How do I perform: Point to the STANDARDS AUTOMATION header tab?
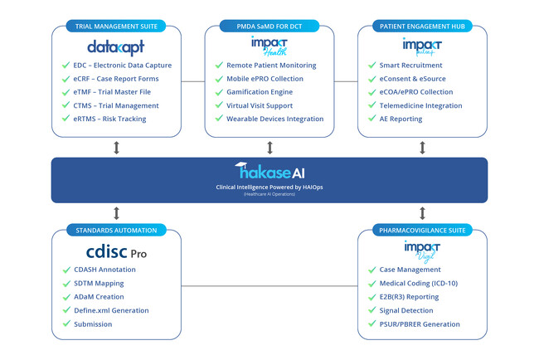pyautogui.click(x=116, y=229)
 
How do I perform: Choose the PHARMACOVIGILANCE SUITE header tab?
pyautogui.click(x=423, y=229)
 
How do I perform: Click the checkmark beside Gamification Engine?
pyautogui.click(x=220, y=92)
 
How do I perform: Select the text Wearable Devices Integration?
pyautogui.click(x=275, y=119)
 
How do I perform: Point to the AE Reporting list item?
pyautogui.click(x=401, y=119)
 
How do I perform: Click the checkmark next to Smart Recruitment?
pyautogui.click(x=372, y=65)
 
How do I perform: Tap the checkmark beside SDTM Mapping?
pyautogui.click(x=66, y=284)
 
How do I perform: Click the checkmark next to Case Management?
pyautogui.click(x=372, y=270)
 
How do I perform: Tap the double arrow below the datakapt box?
pyautogui.click(x=116, y=147)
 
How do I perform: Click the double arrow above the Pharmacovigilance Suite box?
pyautogui.click(x=423, y=212)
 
